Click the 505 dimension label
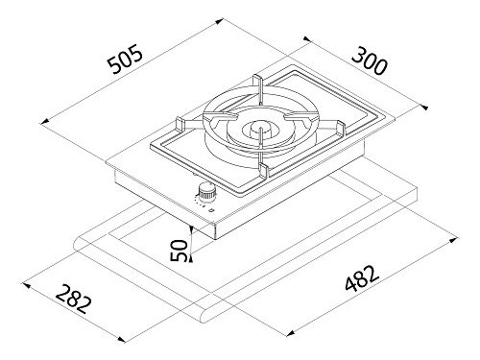pos(125,59)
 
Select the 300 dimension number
pos(370,60)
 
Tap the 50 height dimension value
pos(179,251)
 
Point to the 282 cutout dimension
pos(74,299)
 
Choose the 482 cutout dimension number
pos(362,278)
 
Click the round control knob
pos(207,192)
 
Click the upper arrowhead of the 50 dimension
pos(191,228)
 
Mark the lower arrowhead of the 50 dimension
pos(191,258)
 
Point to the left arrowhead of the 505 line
pos(45,122)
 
